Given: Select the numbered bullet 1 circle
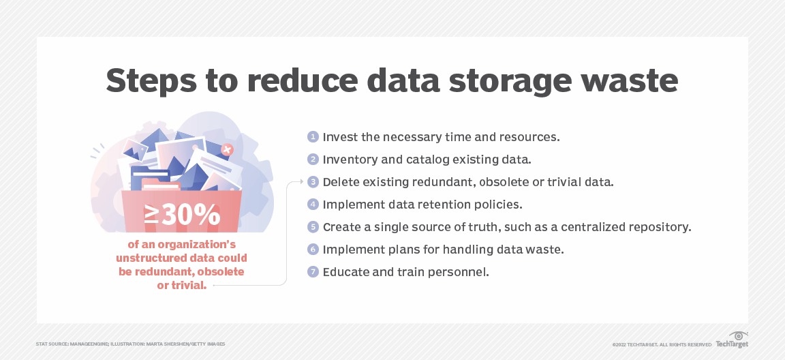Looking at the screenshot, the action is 313,136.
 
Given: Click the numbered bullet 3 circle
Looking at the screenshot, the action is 313,182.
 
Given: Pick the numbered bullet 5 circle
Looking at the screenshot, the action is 313,227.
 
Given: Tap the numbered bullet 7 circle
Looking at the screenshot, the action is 313,272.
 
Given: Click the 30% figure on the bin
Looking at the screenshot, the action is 191,215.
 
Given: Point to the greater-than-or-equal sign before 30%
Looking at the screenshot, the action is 152,214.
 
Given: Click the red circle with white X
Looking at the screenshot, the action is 228,149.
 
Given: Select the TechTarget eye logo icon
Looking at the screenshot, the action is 739,335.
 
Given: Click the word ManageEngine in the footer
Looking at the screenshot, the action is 88,344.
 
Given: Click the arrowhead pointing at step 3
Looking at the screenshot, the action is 301,182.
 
